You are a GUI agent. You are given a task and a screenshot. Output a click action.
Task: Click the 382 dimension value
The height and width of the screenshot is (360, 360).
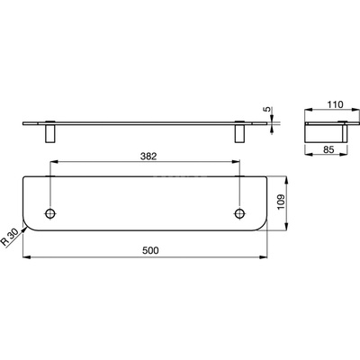(x=148, y=157)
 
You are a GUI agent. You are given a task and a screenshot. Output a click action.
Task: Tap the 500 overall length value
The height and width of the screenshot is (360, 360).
(x=150, y=250)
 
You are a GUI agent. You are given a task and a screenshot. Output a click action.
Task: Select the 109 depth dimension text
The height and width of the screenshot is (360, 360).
(x=281, y=202)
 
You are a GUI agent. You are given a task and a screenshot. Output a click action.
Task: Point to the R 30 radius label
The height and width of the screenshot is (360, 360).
(x=10, y=238)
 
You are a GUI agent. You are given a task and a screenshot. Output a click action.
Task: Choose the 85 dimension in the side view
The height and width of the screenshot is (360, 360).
(x=328, y=149)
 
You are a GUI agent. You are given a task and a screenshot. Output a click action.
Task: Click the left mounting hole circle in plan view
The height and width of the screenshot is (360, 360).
(x=50, y=213)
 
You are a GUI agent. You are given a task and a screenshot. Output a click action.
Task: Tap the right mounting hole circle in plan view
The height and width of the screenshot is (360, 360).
(x=239, y=213)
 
